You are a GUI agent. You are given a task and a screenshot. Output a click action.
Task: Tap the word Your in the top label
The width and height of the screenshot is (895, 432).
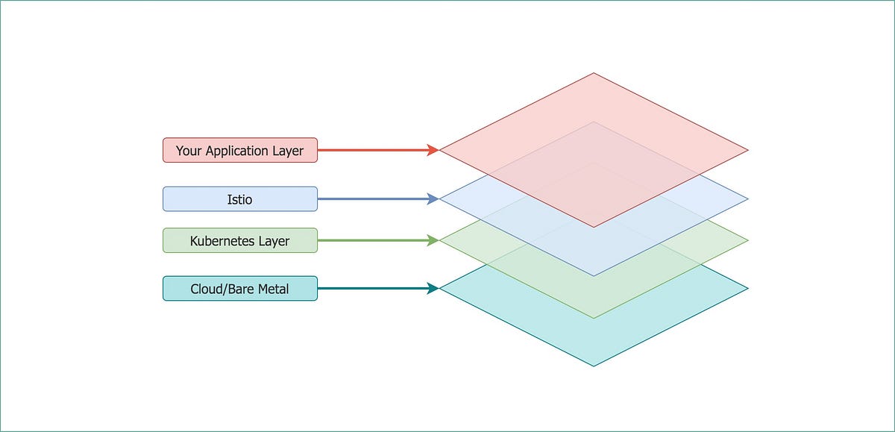click(189, 151)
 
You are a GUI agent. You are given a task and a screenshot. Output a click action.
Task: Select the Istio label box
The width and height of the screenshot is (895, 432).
click(240, 199)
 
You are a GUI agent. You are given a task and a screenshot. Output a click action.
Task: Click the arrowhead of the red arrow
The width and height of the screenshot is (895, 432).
click(433, 150)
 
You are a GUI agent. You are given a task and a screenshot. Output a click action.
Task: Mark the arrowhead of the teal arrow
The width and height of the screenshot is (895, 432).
click(433, 288)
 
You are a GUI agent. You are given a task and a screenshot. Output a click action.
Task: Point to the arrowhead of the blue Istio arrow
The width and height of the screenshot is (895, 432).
click(433, 199)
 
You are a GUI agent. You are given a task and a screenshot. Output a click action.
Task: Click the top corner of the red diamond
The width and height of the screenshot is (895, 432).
click(594, 73)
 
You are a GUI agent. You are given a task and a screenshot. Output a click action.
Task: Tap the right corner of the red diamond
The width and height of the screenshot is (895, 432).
click(747, 150)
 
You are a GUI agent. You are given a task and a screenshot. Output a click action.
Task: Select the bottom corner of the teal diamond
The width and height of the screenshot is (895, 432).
click(594, 366)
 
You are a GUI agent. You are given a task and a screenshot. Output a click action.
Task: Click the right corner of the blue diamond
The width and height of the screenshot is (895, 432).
click(747, 199)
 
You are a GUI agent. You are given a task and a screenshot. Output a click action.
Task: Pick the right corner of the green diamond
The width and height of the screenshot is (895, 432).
click(747, 240)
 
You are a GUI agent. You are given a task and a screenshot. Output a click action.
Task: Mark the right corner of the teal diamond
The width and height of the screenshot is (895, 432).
click(747, 288)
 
